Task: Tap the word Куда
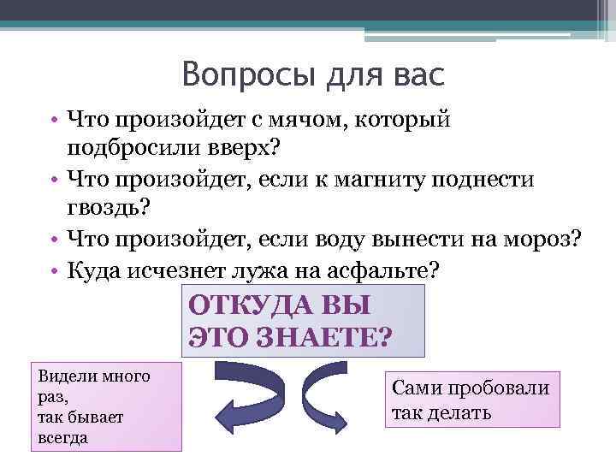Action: coord(96,270)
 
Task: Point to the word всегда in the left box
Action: coord(63,437)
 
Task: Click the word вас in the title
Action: coord(415,76)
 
